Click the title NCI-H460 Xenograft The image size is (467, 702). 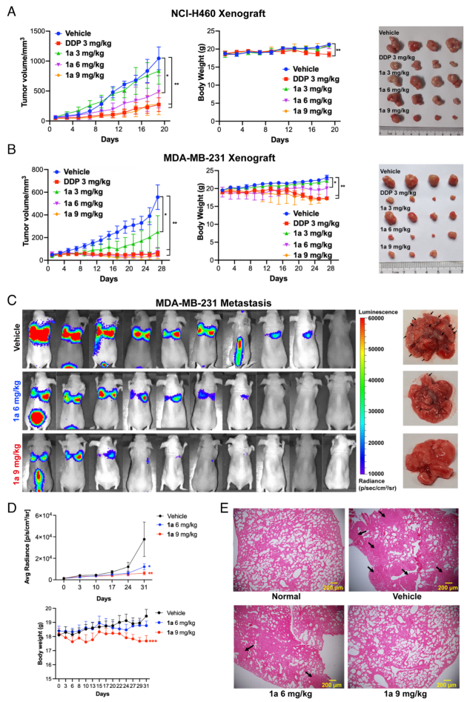tap(234, 13)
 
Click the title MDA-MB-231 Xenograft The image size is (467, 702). tap(234, 160)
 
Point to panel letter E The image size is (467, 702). tap(238, 513)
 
